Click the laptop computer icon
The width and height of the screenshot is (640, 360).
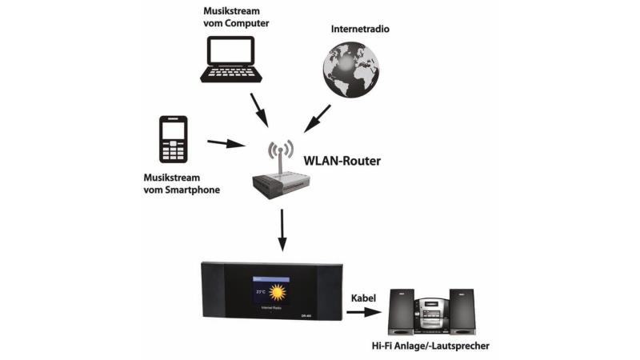click(232, 58)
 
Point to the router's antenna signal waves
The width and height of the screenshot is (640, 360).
click(281, 150)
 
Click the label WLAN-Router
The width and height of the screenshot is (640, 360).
click(342, 161)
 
